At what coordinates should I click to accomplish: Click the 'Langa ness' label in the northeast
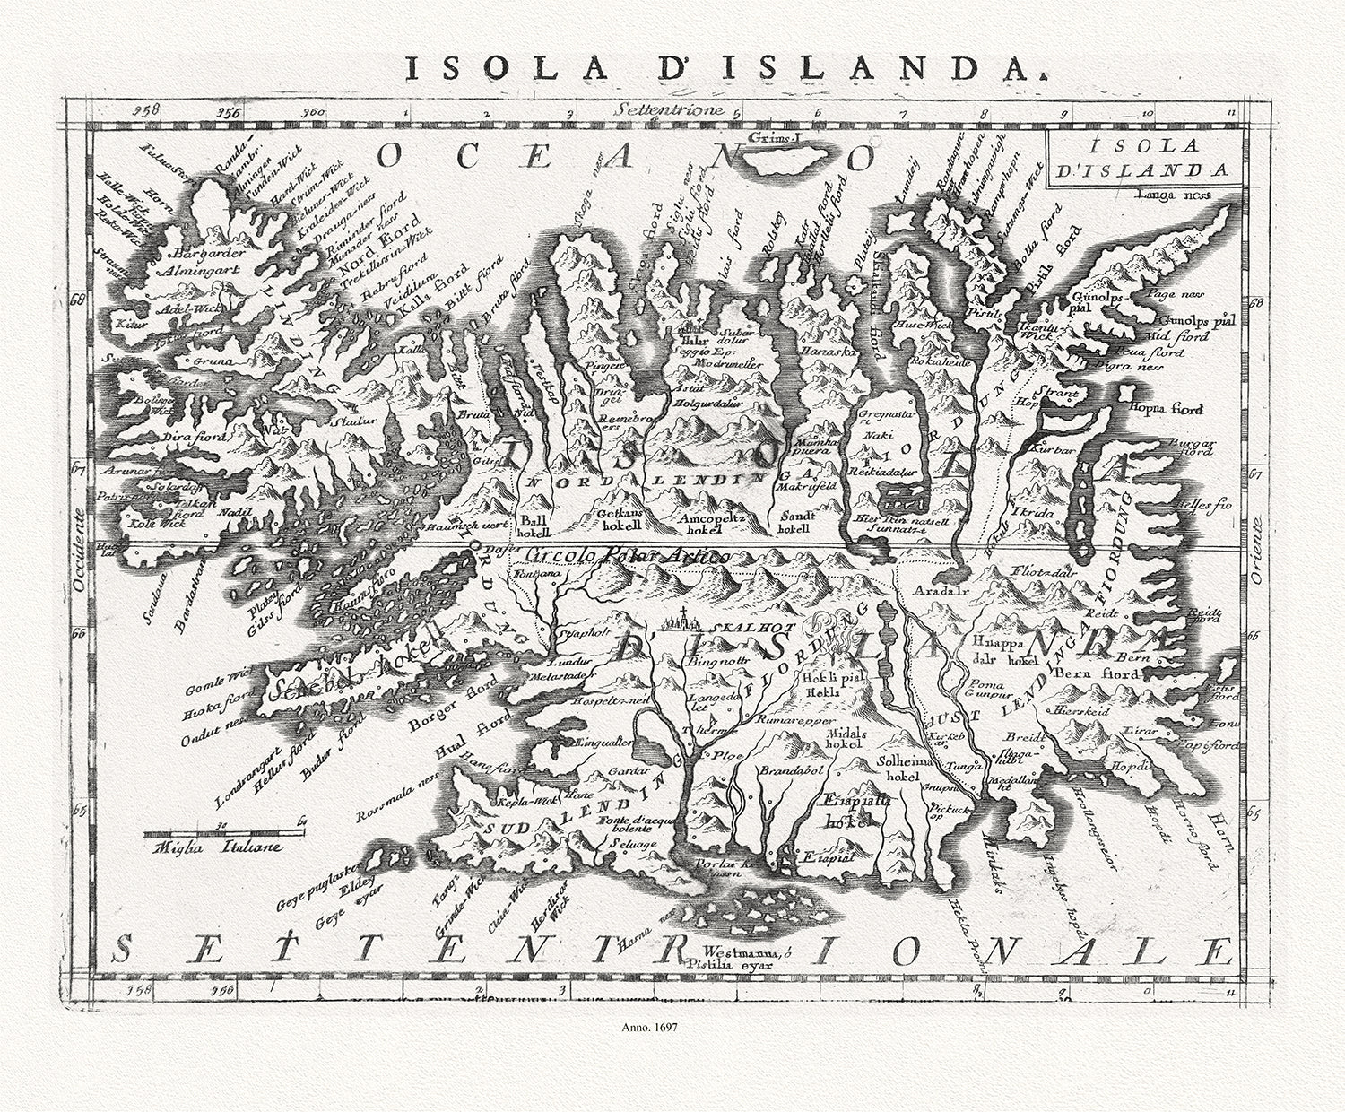pos(1172,194)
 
